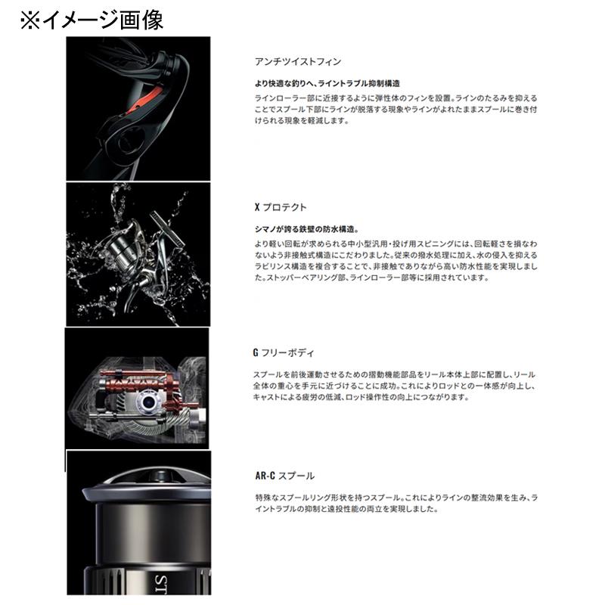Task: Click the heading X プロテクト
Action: [x=280, y=206]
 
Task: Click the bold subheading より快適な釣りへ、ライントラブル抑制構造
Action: [x=327, y=84]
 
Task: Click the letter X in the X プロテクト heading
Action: [x=257, y=206]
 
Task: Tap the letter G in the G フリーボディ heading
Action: [x=257, y=352]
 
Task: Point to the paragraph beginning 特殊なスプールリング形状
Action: [x=396, y=503]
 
